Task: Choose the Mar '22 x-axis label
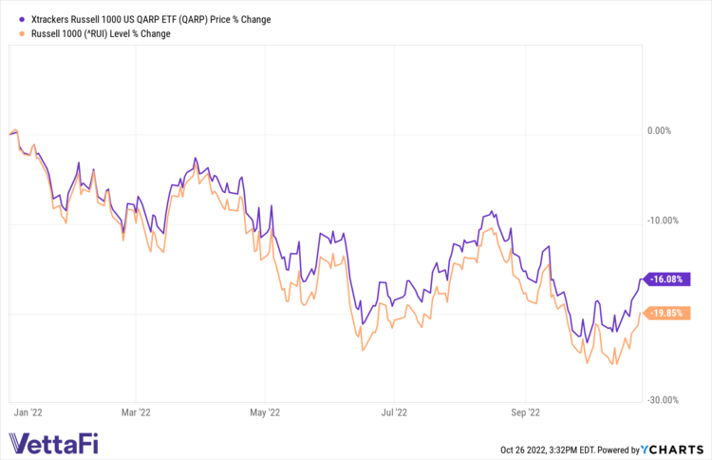[137, 412]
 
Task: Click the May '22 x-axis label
[266, 412]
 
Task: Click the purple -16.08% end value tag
[667, 279]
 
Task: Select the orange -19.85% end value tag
[667, 314]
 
